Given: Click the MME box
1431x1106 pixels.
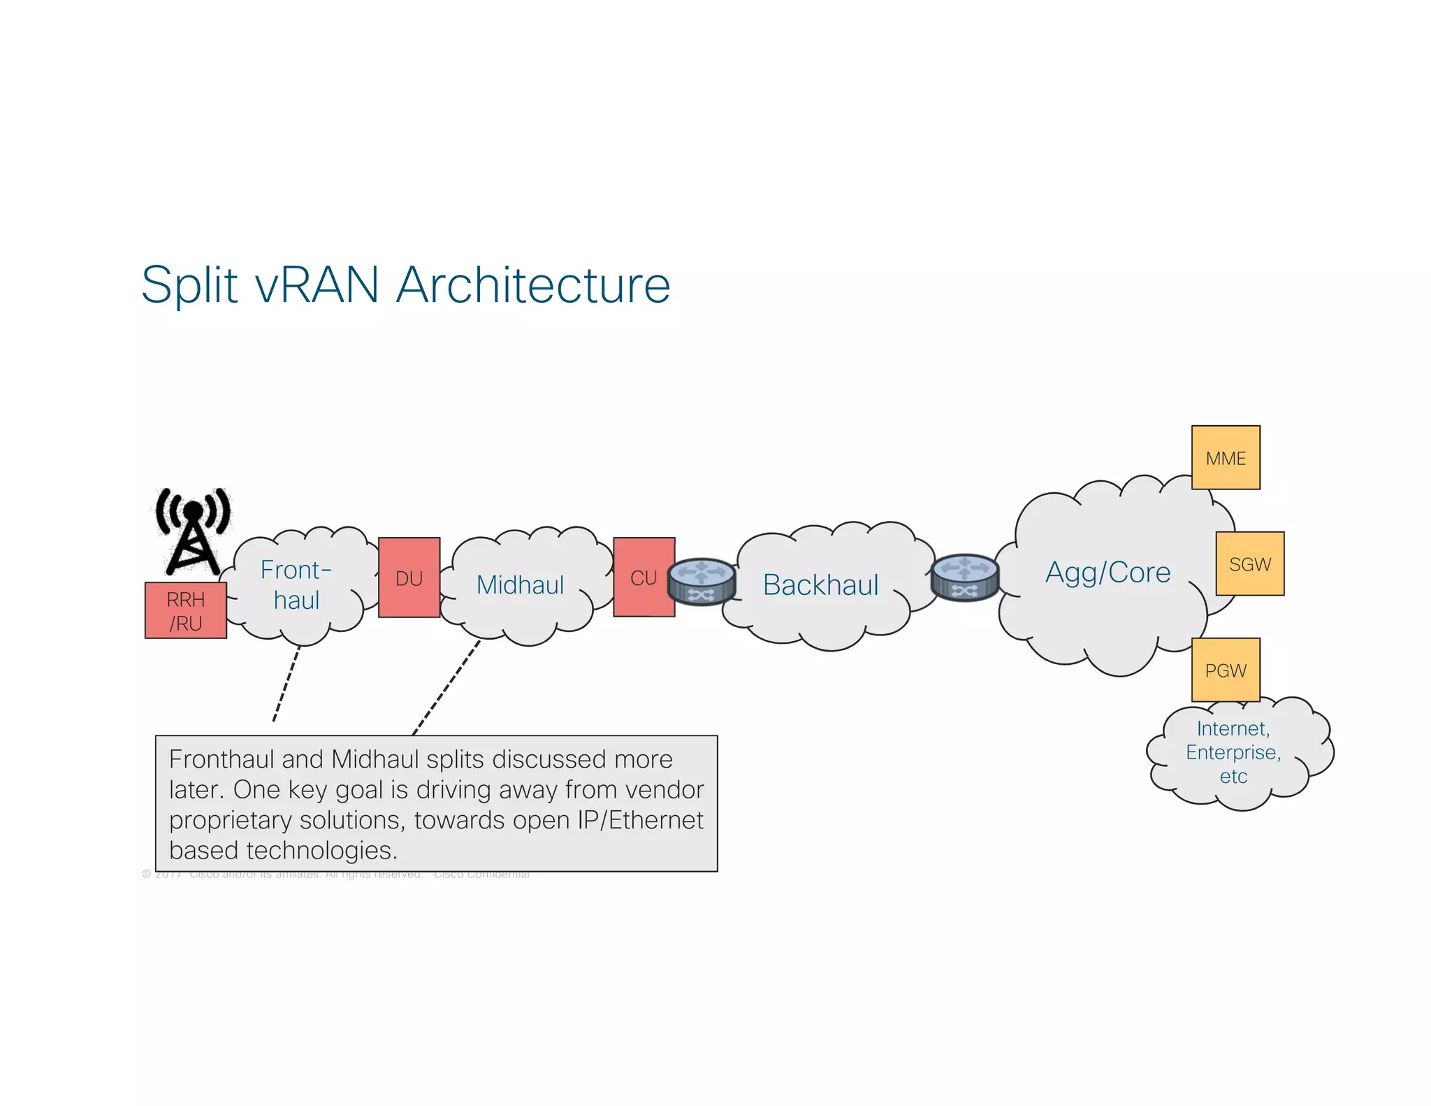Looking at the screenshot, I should tap(1225, 458).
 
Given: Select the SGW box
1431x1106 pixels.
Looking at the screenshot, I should tap(1249, 563).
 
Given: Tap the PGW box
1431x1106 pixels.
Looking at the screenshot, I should tap(1225, 670).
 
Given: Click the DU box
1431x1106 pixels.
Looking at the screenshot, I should tap(409, 577).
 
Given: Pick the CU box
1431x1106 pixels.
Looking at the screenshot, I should tap(644, 577).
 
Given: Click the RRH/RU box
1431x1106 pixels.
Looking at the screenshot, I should tap(185, 610).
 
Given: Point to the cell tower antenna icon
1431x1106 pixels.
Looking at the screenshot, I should tap(192, 531).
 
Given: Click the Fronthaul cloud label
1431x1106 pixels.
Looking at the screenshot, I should tap(296, 584).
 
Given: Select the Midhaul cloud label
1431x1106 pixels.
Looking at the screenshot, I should tap(520, 584).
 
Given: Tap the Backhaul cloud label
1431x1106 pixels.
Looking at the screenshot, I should tap(820, 584).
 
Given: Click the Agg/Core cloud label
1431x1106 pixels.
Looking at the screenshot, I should tap(1107, 572).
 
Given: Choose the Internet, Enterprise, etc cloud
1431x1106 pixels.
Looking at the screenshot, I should tap(1233, 752).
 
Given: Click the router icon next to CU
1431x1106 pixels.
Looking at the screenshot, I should tap(701, 581).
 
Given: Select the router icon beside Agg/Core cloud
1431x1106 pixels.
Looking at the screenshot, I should tap(965, 577).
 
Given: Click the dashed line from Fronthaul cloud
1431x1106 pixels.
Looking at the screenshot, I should tap(286, 682).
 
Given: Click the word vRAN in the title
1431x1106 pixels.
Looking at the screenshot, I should tap(317, 285).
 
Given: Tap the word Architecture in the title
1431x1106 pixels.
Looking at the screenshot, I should tap(533, 285).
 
